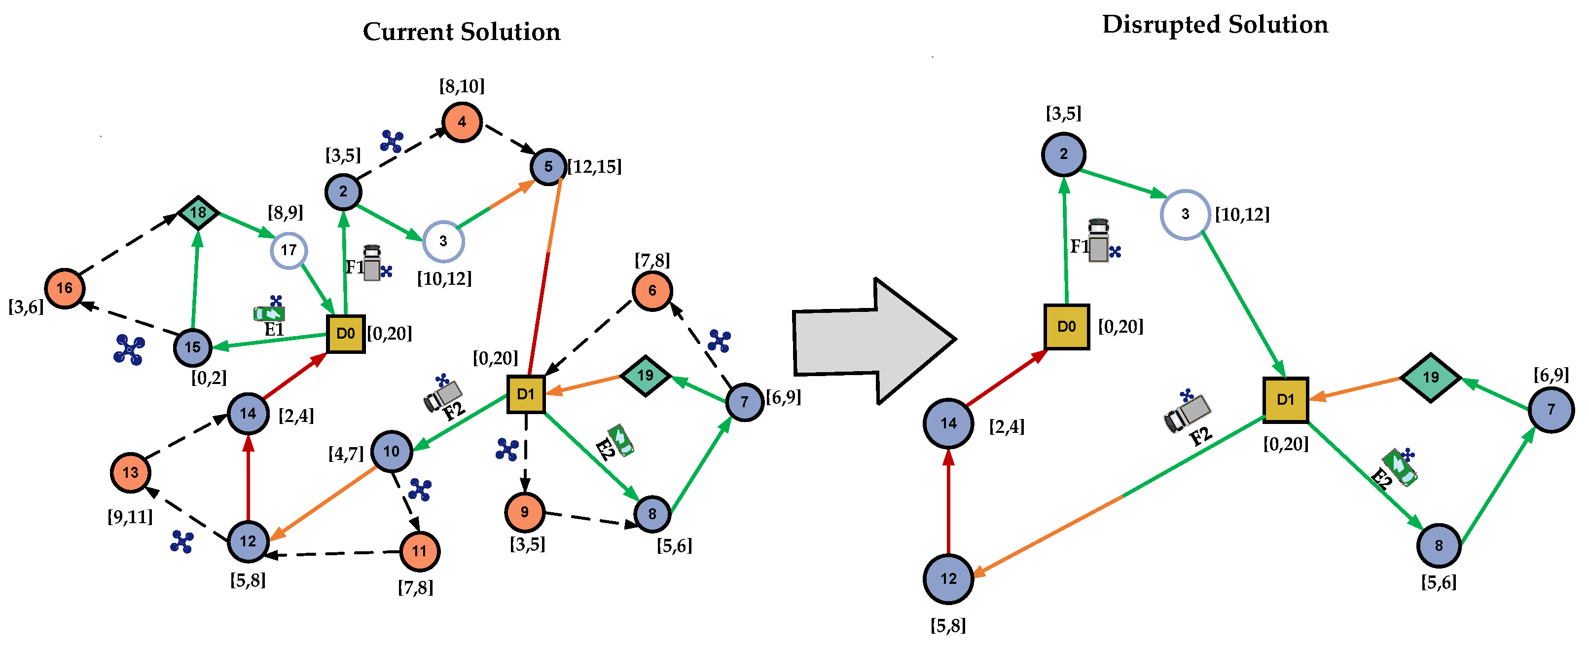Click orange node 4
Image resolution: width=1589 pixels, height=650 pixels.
pos(462,122)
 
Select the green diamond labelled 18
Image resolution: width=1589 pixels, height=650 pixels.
pos(198,213)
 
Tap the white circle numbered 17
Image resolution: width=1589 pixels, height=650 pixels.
pos(289,250)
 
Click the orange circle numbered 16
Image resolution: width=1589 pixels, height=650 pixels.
pos(65,288)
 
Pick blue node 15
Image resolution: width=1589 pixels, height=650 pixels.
pos(193,347)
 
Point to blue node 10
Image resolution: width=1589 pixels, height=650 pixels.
pos(392,451)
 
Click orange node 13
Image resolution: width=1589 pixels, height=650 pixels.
pos(131,473)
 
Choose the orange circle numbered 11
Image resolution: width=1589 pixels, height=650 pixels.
pos(420,551)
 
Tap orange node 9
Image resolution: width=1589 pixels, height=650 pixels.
pos(524,512)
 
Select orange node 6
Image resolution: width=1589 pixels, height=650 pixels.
pos(652,291)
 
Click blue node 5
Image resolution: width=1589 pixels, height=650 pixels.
pos(548,167)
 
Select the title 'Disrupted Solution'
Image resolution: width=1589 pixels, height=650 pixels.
pos(1215,25)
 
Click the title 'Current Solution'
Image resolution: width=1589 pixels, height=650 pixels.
pos(462,32)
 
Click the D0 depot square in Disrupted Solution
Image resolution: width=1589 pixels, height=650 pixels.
pos(1067,327)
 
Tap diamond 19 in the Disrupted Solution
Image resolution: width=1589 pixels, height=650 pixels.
pos(1431,377)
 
